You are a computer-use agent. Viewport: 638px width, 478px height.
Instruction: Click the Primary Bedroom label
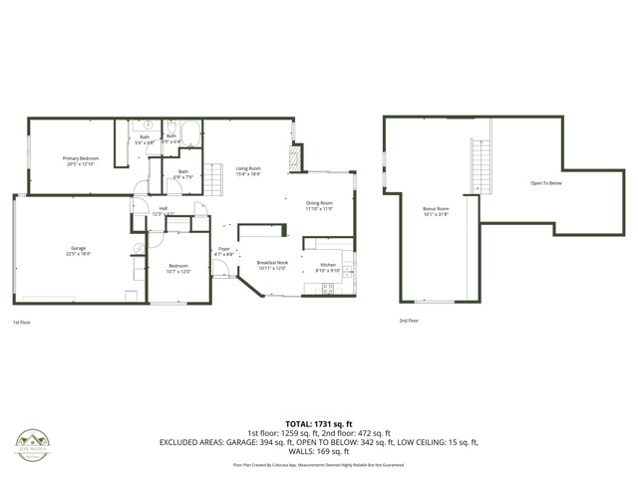point(81,161)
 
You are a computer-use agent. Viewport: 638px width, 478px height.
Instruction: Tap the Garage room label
point(78,251)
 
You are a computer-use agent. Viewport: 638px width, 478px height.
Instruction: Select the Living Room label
point(248,170)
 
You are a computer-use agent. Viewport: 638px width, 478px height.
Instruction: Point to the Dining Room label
point(319,205)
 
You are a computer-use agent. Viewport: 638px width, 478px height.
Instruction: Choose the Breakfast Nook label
point(272,265)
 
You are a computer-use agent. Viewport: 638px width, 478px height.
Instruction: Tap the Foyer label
point(224,252)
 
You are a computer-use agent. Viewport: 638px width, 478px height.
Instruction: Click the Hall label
point(162,210)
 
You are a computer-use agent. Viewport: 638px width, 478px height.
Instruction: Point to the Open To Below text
point(546,183)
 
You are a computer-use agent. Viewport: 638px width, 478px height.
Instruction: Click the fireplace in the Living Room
point(294,158)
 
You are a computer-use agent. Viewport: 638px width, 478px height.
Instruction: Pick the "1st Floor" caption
point(22,323)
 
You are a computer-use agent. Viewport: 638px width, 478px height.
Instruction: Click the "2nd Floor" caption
point(409,321)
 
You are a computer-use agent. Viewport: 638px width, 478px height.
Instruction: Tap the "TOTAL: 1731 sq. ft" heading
point(319,424)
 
